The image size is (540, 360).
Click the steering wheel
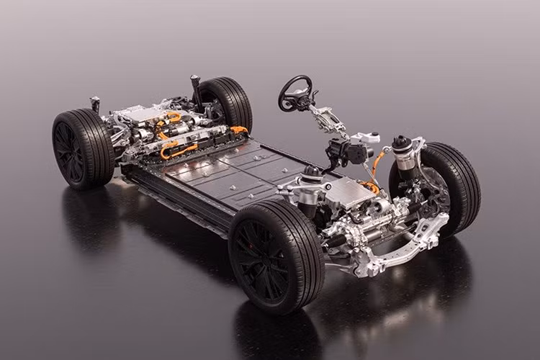pyautogui.click(x=296, y=91)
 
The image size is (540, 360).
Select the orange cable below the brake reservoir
pyautogui.click(x=375, y=164)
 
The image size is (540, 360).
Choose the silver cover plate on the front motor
pyautogui.click(x=348, y=191)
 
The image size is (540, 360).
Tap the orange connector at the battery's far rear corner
pyautogui.click(x=238, y=130)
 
